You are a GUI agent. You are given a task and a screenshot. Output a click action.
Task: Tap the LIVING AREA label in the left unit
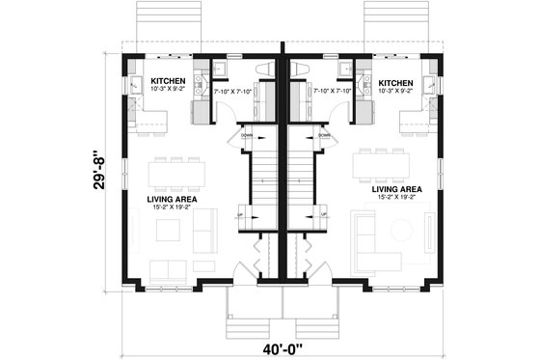[172, 199]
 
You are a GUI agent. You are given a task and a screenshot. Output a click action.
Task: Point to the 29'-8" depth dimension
[98, 171]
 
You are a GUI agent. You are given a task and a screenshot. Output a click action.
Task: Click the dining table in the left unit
[176, 174]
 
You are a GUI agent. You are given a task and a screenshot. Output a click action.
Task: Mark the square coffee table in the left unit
[168, 230]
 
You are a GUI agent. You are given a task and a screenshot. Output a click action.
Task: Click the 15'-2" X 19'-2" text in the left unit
[172, 208]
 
